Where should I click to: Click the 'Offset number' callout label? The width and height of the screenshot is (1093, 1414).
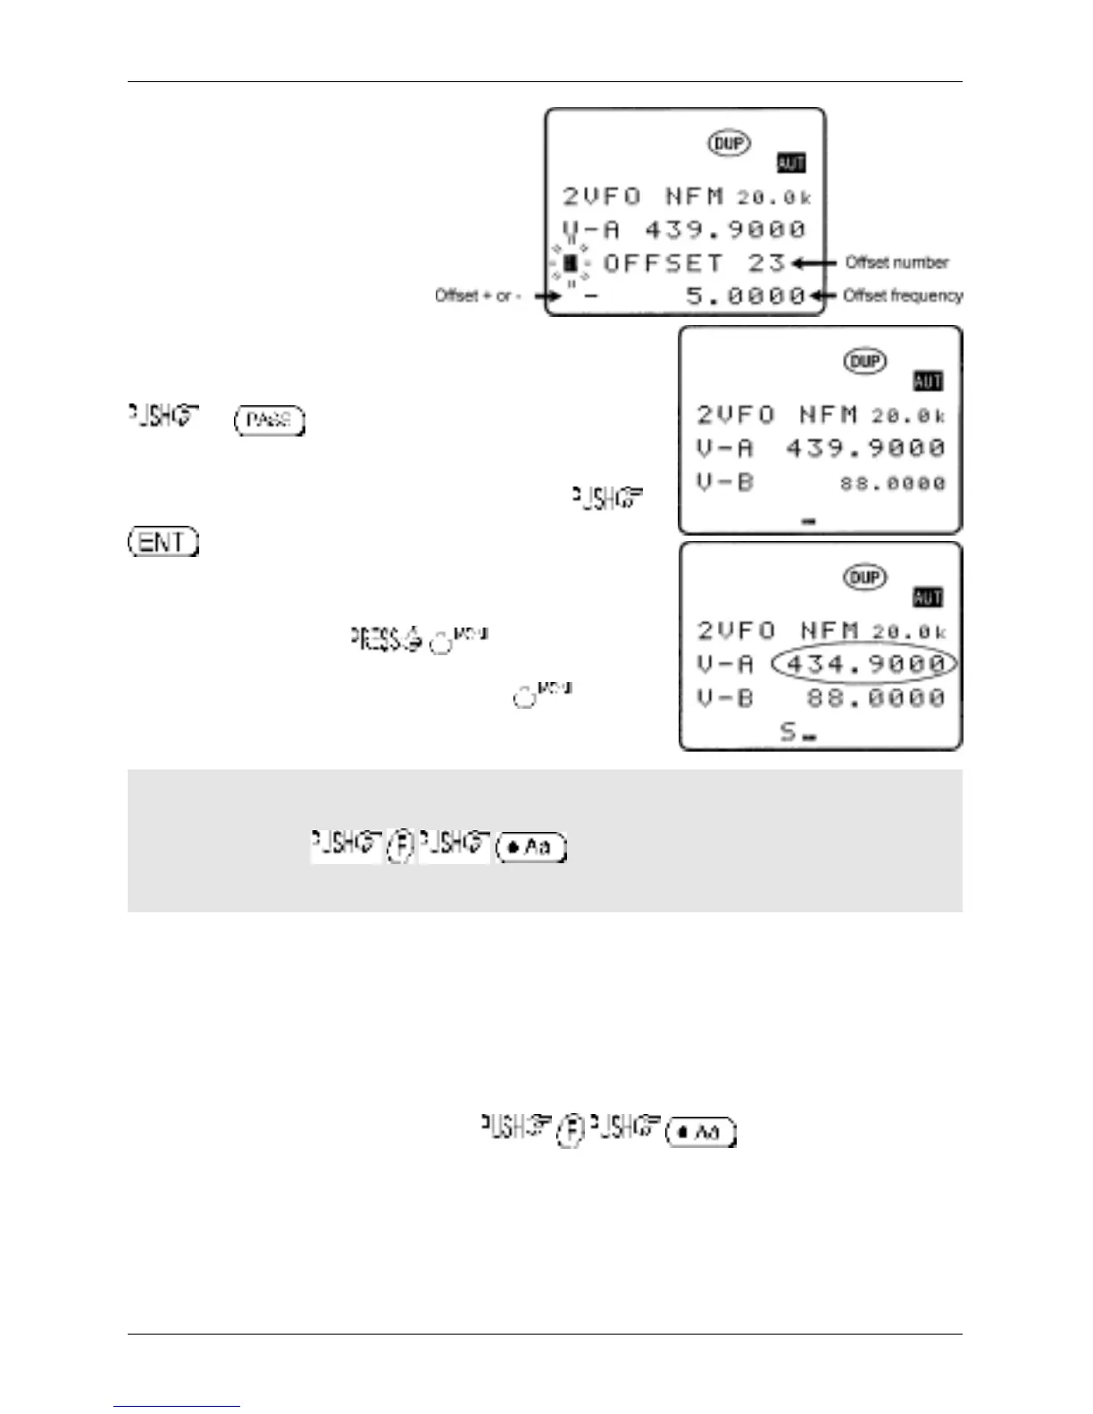tap(897, 262)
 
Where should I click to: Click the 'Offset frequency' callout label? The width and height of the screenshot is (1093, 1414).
tap(903, 295)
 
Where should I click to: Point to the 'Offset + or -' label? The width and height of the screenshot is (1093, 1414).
tap(478, 295)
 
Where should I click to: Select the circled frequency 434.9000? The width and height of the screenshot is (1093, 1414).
tap(864, 663)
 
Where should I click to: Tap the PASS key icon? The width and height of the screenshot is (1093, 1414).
tap(269, 420)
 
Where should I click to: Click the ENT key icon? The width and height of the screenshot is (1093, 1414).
tap(163, 542)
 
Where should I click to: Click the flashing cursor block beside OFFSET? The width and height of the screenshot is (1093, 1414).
tap(570, 262)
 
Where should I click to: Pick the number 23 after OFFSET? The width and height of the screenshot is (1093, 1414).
tap(766, 262)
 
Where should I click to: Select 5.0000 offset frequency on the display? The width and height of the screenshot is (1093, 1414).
tap(746, 295)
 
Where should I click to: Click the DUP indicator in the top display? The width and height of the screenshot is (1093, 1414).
tap(730, 143)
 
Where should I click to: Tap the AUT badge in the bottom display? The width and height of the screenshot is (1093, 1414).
tap(928, 597)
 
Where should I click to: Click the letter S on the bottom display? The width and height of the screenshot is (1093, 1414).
tap(788, 732)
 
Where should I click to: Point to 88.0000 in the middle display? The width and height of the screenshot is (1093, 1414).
tap(892, 483)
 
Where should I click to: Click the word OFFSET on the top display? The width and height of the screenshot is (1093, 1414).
tap(663, 262)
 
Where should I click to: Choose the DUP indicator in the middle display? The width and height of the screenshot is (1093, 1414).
tap(864, 361)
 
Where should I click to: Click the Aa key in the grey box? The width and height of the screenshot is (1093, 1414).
tap(531, 846)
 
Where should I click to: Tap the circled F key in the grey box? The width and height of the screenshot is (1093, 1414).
tap(401, 845)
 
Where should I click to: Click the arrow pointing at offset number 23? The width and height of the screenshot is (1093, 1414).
tap(814, 262)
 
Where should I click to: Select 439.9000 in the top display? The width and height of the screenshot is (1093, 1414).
tap(725, 229)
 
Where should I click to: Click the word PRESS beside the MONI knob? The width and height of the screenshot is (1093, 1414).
tap(375, 640)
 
